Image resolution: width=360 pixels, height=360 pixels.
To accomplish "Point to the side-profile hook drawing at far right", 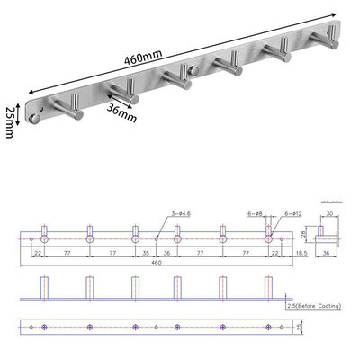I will (x=334, y=238).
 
